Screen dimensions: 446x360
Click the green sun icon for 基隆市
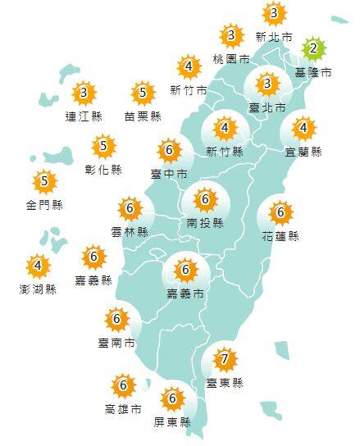click(312, 49)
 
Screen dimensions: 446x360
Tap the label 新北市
click(274, 37)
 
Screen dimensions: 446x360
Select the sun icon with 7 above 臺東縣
click(224, 359)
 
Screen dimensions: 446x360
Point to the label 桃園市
click(230, 59)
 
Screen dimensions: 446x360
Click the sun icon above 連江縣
click(84, 93)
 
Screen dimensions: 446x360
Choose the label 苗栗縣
click(142, 116)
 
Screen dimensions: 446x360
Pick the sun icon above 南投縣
click(203, 198)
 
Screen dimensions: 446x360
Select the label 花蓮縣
click(280, 236)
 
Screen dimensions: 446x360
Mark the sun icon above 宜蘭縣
click(304, 128)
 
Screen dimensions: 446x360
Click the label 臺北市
click(267, 107)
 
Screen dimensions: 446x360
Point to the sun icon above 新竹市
click(189, 67)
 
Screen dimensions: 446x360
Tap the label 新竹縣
click(224, 152)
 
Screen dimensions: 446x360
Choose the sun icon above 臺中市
click(170, 150)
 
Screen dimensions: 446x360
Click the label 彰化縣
click(104, 170)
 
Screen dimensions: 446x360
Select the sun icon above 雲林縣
click(129, 208)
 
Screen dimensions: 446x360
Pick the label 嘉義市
click(186, 294)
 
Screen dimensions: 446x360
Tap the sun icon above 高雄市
click(123, 385)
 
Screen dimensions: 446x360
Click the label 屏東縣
click(172, 423)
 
